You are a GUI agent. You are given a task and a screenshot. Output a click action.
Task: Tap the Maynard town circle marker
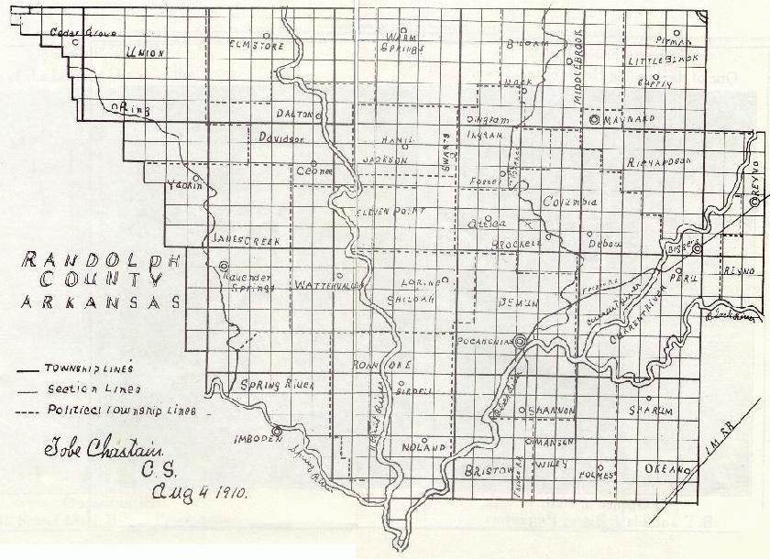point(594,119)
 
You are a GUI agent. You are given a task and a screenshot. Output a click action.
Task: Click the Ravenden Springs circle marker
point(224,267)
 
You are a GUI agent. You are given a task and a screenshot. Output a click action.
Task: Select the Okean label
point(666,468)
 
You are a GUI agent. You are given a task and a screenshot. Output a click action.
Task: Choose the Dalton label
point(295,114)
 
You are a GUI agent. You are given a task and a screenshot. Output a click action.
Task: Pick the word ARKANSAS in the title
point(98,302)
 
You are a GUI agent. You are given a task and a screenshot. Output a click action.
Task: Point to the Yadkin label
point(182,186)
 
